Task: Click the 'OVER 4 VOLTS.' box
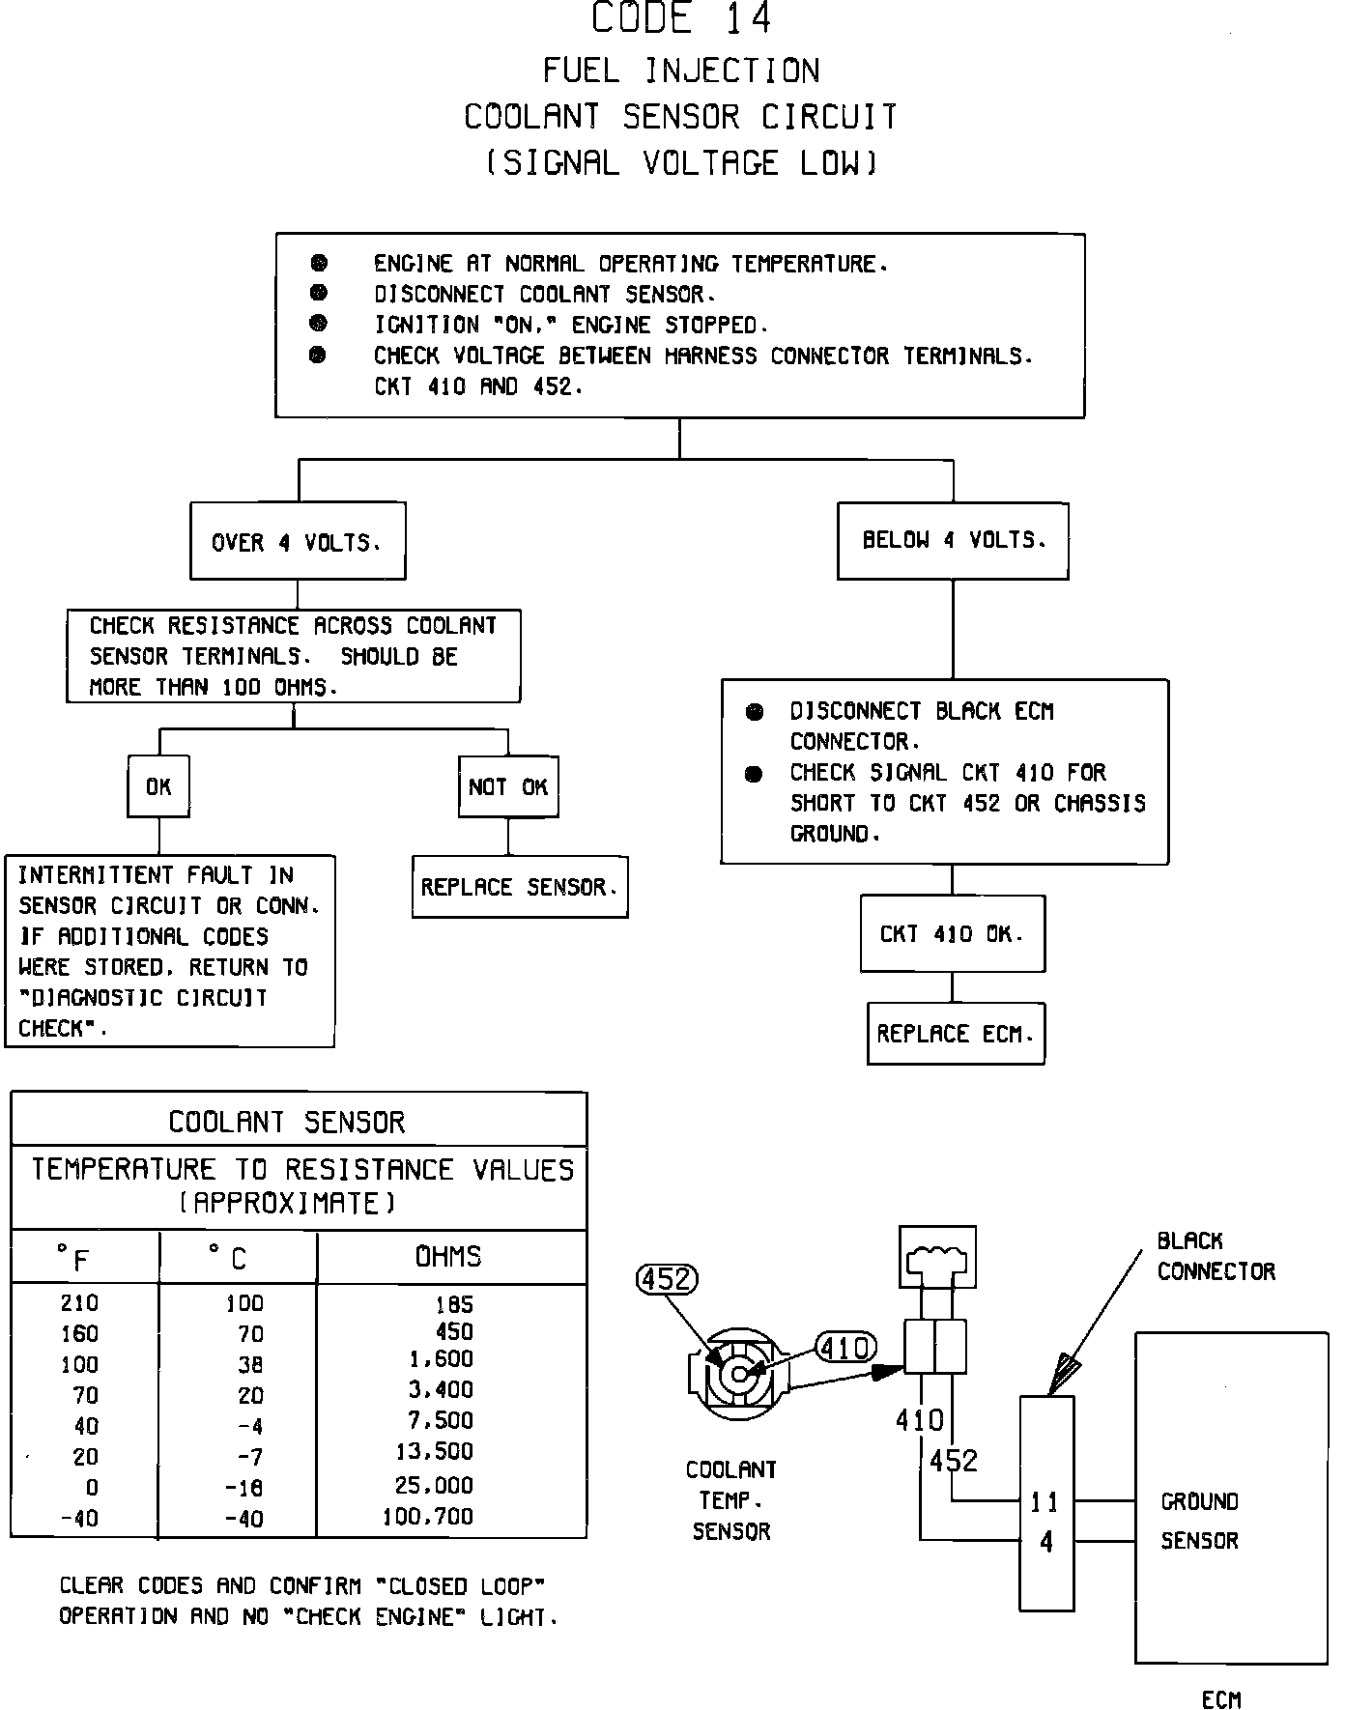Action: click(x=298, y=542)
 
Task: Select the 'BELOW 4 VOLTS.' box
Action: click(x=953, y=540)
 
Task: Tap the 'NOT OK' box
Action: click(x=508, y=787)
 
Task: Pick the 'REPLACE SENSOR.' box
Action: click(x=520, y=887)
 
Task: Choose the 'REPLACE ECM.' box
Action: click(x=956, y=1034)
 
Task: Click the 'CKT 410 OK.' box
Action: click(x=952, y=934)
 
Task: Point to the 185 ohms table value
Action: click(x=453, y=1304)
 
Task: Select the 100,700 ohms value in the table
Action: click(x=428, y=1517)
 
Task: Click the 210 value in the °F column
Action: click(x=79, y=1303)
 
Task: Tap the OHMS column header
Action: click(x=448, y=1257)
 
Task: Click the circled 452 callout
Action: click(x=668, y=1279)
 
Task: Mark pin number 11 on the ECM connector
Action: click(x=1045, y=1502)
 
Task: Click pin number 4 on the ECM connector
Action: click(x=1046, y=1542)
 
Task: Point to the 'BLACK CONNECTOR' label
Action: click(x=1216, y=1256)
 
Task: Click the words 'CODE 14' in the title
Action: click(x=681, y=19)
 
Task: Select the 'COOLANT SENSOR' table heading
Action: click(x=287, y=1122)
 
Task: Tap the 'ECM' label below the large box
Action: click(x=1221, y=1698)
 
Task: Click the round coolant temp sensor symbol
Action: click(x=739, y=1374)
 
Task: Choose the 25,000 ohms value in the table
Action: click(x=434, y=1486)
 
